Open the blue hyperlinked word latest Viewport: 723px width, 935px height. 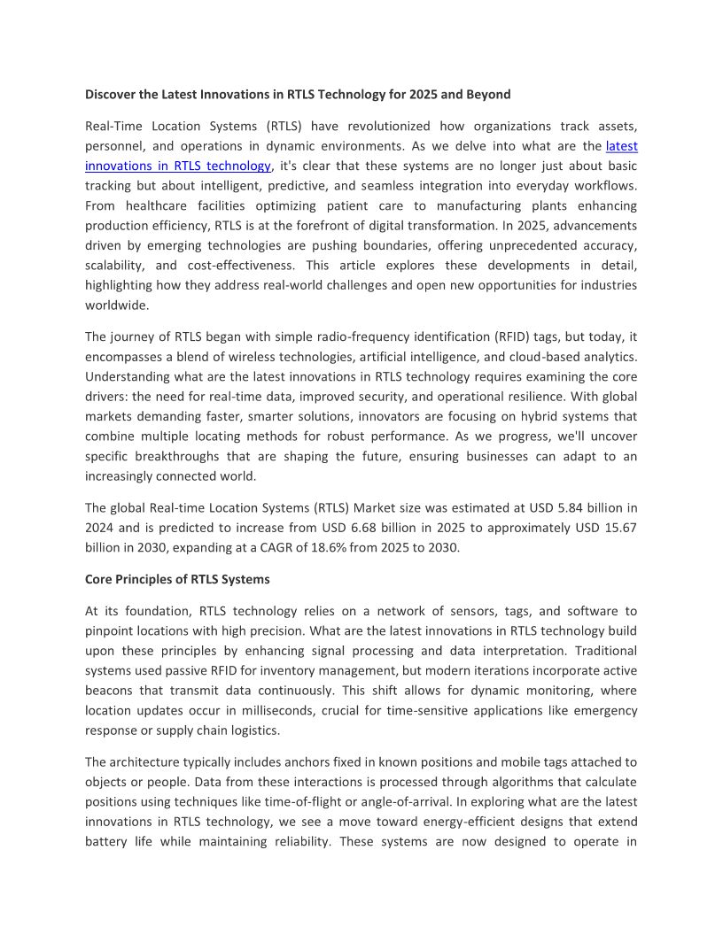[x=621, y=145]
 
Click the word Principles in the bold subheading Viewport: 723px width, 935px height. [x=147, y=579]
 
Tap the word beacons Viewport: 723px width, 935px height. [x=111, y=691]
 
